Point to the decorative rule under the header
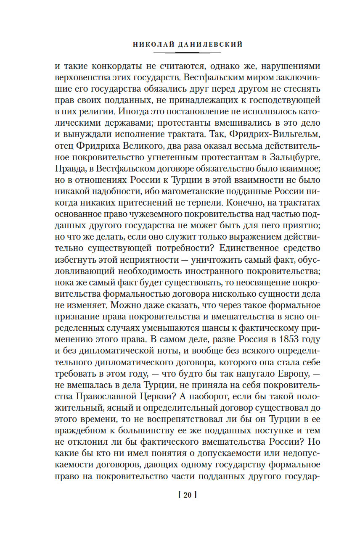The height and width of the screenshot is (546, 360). point(187,53)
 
